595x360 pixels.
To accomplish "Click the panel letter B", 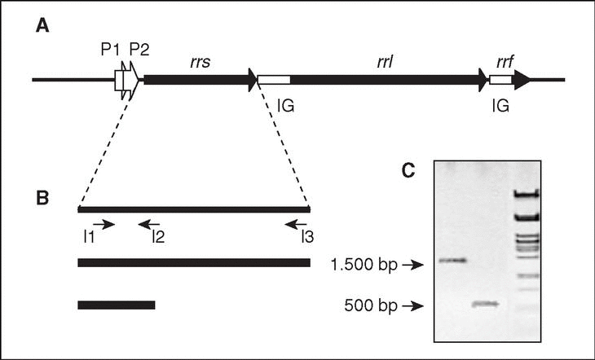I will click(42, 199).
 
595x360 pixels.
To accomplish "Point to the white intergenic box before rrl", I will click(273, 80).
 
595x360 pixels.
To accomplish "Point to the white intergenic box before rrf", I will click(500, 80).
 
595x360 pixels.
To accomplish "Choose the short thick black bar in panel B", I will click(116, 305).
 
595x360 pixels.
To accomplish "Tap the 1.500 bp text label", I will click(366, 265).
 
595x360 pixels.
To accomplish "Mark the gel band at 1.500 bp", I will click(453, 261).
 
